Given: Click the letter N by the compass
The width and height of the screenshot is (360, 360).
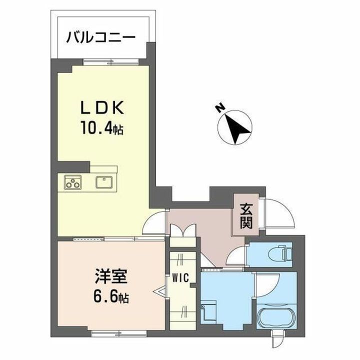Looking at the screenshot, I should coord(218,107).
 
